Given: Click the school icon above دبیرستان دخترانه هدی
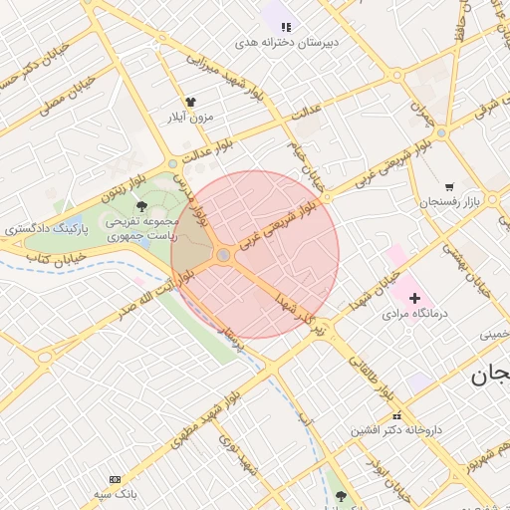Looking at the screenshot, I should point(286,27).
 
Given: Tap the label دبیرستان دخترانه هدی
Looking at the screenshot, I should point(287,43).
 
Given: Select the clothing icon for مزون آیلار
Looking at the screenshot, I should point(190,102).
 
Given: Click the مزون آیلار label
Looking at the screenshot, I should point(190,118).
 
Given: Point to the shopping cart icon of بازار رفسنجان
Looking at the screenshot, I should point(449,186).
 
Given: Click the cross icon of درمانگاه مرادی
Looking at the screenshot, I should point(415,298).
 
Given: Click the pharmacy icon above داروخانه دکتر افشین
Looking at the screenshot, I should point(396,415).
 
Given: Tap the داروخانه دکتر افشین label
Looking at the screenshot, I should point(395,431).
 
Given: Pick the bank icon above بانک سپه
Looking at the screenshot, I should point(115,479).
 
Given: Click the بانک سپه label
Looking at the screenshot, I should point(115,494).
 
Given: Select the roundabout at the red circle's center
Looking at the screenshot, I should point(224,256).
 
